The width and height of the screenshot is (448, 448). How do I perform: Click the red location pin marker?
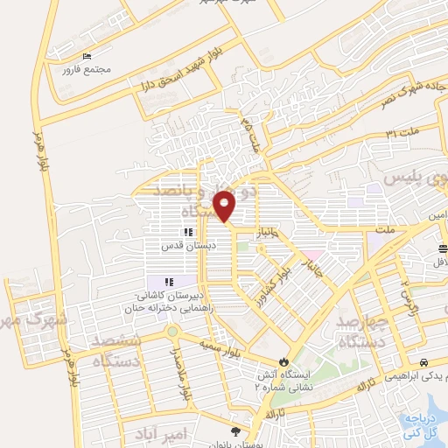coord(225,206)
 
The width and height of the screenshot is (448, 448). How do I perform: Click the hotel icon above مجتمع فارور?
coord(86,57)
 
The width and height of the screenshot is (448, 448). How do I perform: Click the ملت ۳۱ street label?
coord(402,132)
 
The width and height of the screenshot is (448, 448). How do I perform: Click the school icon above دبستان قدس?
coord(187,233)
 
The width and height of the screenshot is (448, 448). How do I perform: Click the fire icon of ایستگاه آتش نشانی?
coord(283,360)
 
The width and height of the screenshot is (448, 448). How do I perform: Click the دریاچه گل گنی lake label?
coord(423,424)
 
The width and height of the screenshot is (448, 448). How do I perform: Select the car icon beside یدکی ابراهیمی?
coord(423,361)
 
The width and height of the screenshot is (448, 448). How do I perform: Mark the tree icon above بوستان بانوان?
coord(234,430)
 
